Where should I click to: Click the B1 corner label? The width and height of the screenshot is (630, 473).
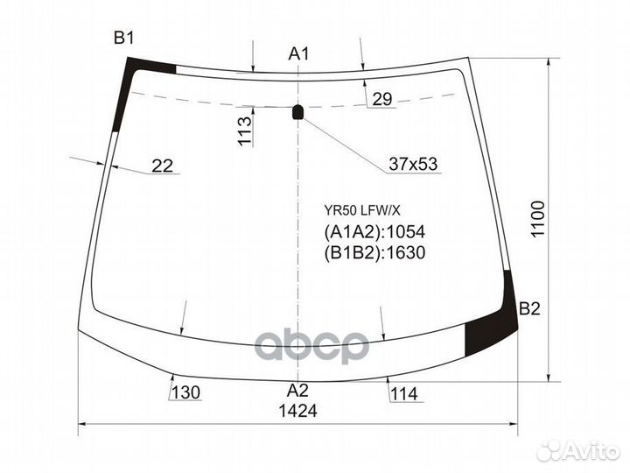click(x=123, y=38)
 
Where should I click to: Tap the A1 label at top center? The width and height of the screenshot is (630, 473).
click(x=299, y=54)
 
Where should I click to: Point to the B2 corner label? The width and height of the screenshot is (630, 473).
click(x=530, y=308)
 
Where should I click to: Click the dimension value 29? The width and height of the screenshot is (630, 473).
click(x=381, y=99)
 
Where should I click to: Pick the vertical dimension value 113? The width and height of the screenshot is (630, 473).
click(x=245, y=131)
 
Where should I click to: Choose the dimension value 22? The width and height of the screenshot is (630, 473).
click(x=162, y=165)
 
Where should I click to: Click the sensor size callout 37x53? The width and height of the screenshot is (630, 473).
click(x=413, y=164)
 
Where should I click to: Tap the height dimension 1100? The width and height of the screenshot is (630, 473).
click(x=537, y=223)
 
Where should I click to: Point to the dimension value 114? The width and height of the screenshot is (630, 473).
click(x=404, y=393)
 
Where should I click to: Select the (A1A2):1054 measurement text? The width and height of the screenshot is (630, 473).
click(x=374, y=232)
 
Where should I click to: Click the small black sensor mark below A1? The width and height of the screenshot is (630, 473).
click(x=297, y=111)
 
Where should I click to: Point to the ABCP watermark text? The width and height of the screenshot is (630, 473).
click(x=311, y=347)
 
